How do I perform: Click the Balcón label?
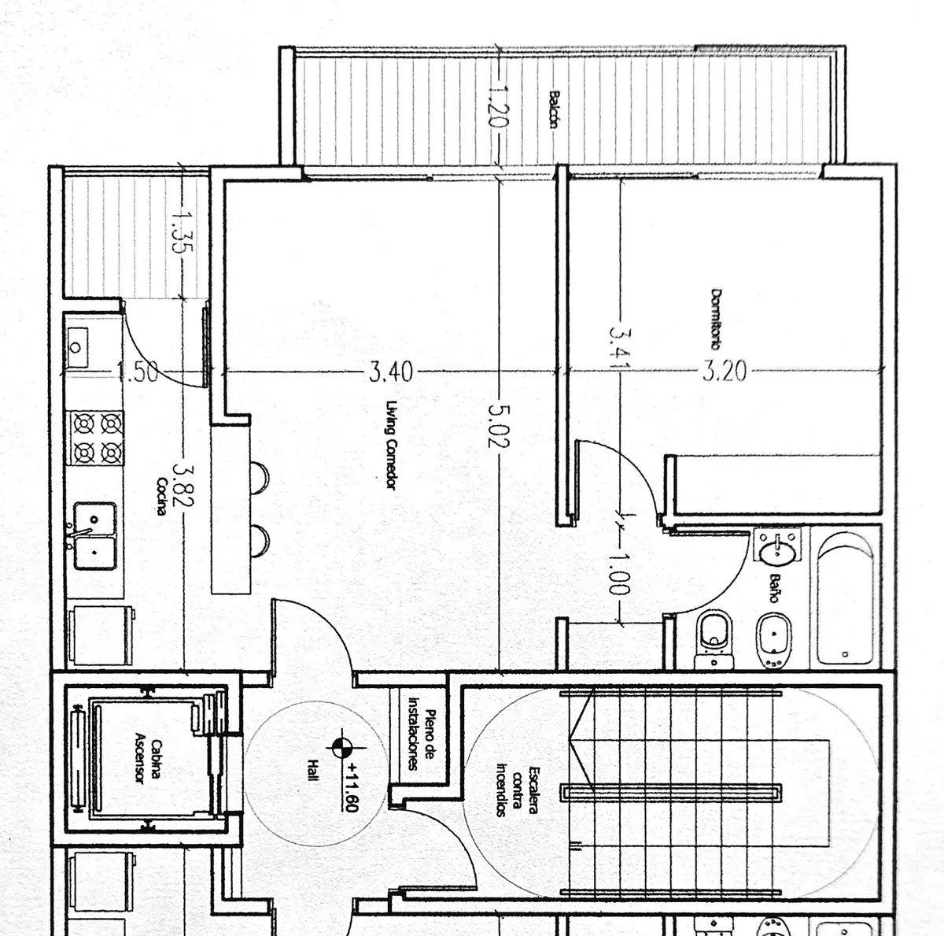[x=554, y=109]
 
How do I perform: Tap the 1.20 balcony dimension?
[x=498, y=106]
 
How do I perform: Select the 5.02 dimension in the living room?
[x=499, y=426]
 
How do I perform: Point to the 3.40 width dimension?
[x=391, y=372]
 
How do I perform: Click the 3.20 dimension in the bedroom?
[x=725, y=371]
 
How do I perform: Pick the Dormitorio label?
[x=716, y=319]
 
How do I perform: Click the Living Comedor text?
[x=391, y=445]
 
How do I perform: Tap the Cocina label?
[x=161, y=496]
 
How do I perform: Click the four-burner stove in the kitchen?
[x=98, y=438]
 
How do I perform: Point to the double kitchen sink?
[x=95, y=536]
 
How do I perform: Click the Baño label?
[x=775, y=588]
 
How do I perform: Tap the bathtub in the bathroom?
[x=845, y=598]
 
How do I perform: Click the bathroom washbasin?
[x=778, y=546]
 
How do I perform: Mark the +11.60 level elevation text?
[x=353, y=787]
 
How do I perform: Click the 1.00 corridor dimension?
[x=618, y=574]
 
